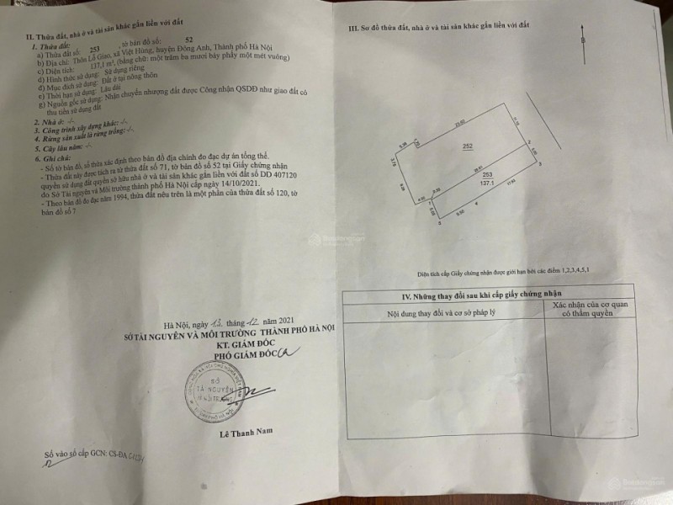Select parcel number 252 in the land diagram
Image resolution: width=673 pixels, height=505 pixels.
pyautogui.click(x=467, y=146)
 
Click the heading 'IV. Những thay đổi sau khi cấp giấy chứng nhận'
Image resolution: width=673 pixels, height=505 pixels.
pyautogui.click(x=444, y=295)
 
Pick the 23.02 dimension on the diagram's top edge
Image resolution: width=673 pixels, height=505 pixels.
pyautogui.click(x=459, y=125)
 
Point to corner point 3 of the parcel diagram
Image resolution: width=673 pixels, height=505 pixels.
pyautogui.click(x=540, y=163)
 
